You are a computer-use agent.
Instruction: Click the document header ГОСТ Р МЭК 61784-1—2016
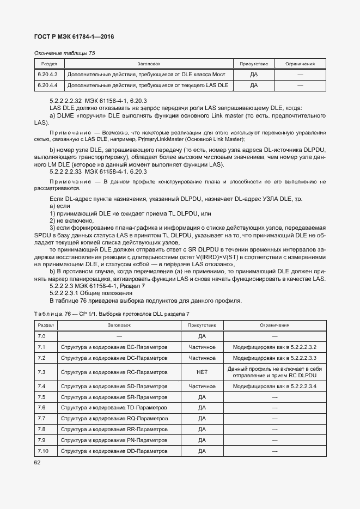click(x=74, y=37)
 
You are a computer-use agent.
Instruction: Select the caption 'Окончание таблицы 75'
click(x=64, y=53)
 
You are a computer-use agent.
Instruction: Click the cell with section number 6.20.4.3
click(x=48, y=74)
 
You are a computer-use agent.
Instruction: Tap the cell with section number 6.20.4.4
click(x=48, y=85)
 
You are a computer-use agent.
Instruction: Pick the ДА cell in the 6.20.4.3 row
click(x=253, y=74)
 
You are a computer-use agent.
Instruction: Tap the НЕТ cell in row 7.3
click(x=202, y=372)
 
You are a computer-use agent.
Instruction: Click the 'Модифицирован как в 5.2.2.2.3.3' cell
click(x=274, y=358)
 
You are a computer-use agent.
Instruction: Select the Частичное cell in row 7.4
click(x=202, y=387)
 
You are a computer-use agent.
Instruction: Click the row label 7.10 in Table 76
click(x=43, y=451)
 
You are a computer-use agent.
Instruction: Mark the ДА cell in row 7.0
click(x=202, y=336)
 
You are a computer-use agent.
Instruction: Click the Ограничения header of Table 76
click(x=274, y=325)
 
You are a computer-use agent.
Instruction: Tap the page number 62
click(x=37, y=463)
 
